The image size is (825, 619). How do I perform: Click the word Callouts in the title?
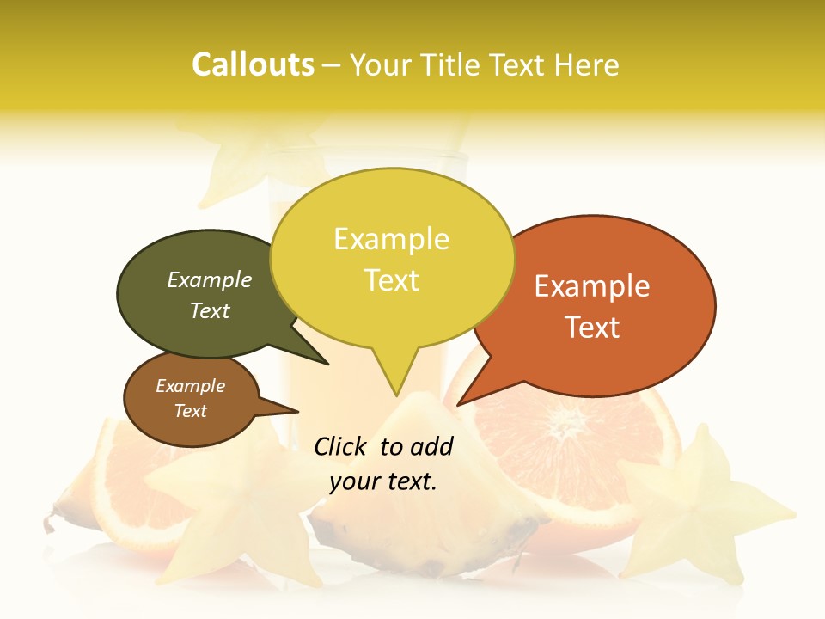pos(253,64)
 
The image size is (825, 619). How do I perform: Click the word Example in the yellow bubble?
pos(391,239)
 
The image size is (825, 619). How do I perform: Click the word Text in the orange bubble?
pos(592,328)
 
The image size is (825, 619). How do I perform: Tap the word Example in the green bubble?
pos(209,280)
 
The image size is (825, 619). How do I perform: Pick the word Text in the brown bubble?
pos(191,411)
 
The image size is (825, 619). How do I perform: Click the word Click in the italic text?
pos(342,446)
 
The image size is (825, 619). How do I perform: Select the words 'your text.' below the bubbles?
pos(383,481)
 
